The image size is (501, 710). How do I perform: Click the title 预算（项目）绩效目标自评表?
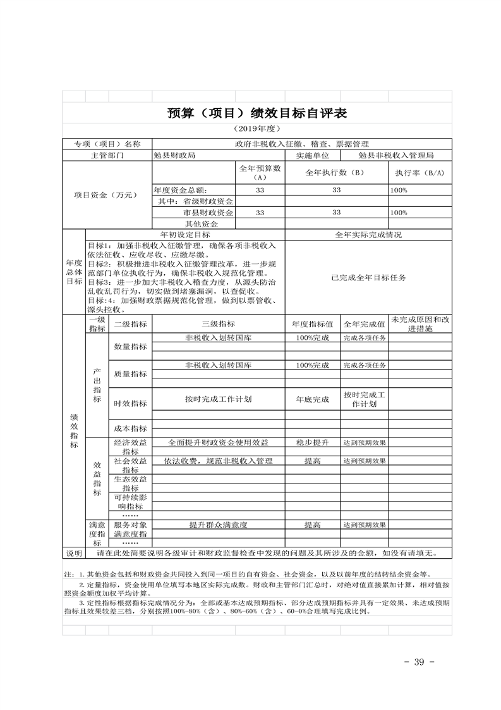click(x=257, y=113)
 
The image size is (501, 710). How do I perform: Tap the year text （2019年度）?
click(x=257, y=128)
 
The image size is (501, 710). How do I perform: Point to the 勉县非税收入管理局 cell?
click(x=395, y=155)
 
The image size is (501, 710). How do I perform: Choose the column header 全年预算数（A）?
click(x=260, y=173)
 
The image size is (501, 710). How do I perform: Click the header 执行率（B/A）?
click(x=420, y=173)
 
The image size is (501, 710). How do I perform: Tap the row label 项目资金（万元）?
click(x=106, y=196)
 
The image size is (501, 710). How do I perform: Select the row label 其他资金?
click(x=202, y=224)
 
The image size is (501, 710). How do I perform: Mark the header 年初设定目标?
click(x=185, y=234)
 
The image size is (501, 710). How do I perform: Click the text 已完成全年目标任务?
click(x=368, y=278)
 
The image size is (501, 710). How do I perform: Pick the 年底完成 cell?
click(x=312, y=400)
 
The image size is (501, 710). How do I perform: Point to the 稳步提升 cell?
click(x=312, y=442)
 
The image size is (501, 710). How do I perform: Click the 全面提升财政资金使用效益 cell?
click(x=219, y=442)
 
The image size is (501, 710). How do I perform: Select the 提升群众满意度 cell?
click(x=219, y=525)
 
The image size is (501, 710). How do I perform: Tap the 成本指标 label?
click(x=130, y=428)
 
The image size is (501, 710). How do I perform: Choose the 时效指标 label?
click(x=130, y=404)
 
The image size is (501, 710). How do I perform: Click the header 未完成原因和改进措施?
click(x=420, y=324)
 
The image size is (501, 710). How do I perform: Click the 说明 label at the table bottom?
click(x=74, y=553)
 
